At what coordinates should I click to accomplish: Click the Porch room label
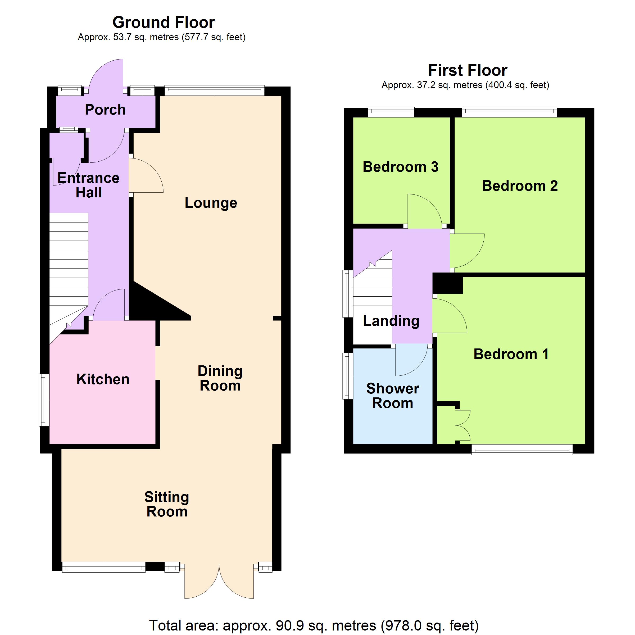point(105,110)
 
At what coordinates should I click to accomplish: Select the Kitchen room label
point(103,379)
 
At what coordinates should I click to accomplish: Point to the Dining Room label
point(220,378)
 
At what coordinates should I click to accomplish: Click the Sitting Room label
point(167,504)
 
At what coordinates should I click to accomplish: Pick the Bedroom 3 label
point(400,167)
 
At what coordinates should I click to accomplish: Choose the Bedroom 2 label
point(520,186)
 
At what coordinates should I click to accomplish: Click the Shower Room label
point(392,396)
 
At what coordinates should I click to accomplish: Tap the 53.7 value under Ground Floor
point(123,37)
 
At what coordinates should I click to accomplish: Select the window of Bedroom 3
point(391,112)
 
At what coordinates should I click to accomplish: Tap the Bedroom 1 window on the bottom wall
point(522,450)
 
